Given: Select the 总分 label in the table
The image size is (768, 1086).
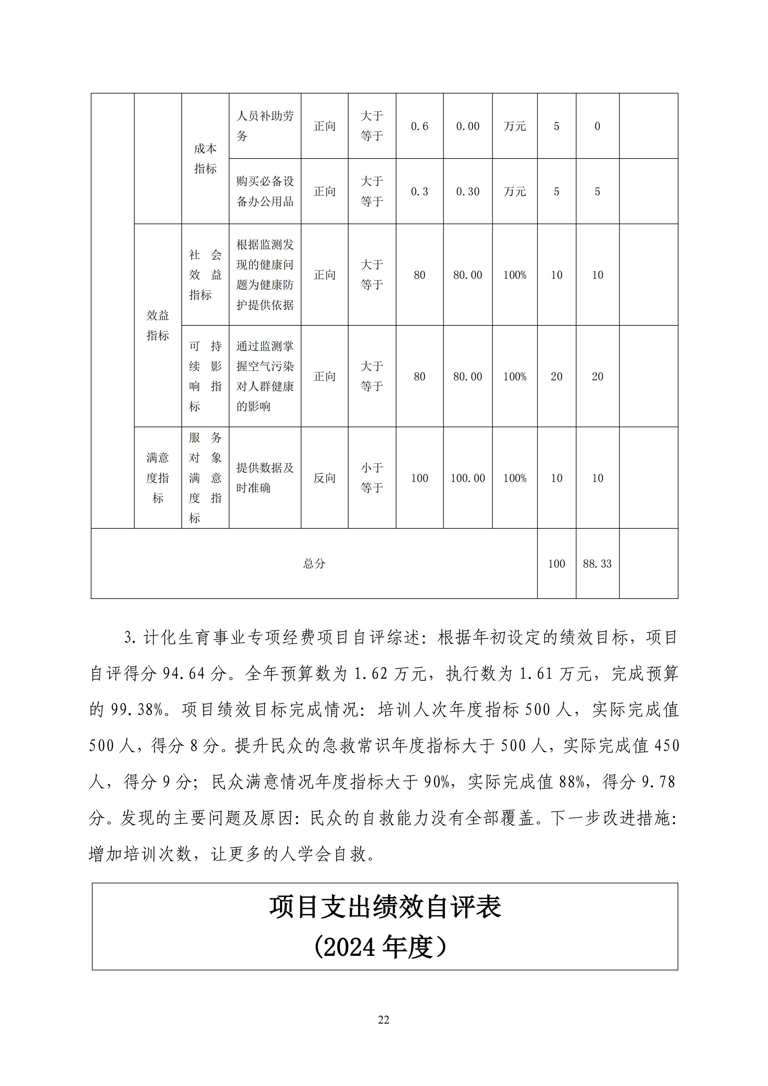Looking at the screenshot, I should [314, 563].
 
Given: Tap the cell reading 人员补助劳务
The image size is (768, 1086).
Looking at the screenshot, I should [265, 126].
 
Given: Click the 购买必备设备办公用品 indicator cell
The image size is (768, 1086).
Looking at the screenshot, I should [265, 191].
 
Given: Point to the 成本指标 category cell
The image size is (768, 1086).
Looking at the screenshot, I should [205, 158].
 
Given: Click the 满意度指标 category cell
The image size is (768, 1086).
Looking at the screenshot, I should [157, 478].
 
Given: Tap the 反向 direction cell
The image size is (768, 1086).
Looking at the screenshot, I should [324, 478].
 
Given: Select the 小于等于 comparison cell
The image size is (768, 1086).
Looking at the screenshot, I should [372, 478].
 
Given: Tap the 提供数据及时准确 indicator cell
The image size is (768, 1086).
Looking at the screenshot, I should [265, 478].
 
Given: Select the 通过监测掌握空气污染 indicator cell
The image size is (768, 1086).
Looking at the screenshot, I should [265, 376].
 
